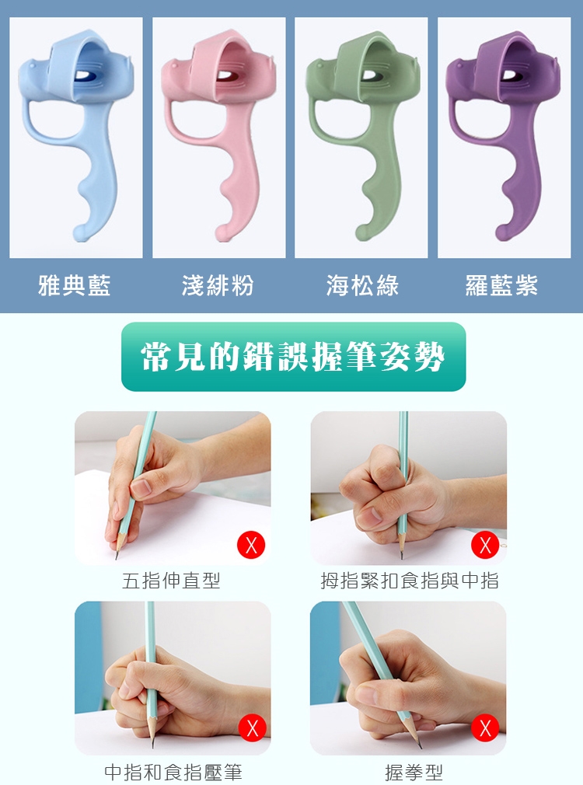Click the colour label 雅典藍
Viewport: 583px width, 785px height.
[x=74, y=285]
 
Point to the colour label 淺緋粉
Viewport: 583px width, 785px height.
[x=218, y=285]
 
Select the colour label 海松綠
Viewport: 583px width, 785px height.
[x=362, y=285]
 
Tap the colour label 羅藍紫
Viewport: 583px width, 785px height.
[x=501, y=285]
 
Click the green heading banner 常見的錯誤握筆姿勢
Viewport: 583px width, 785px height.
[x=294, y=357]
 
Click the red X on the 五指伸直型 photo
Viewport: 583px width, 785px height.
[x=251, y=545]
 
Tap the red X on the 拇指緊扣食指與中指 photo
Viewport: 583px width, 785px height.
[x=485, y=545]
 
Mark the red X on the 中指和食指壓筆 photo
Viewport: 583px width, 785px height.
[x=252, y=728]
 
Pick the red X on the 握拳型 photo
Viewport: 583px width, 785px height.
[x=485, y=728]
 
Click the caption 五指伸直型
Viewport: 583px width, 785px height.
[x=171, y=581]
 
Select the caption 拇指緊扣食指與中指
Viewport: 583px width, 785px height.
[x=410, y=581]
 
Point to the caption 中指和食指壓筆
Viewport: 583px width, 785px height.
[x=173, y=772]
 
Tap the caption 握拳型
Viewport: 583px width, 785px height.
[x=414, y=772]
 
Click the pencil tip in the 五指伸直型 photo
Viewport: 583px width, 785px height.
[x=117, y=557]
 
